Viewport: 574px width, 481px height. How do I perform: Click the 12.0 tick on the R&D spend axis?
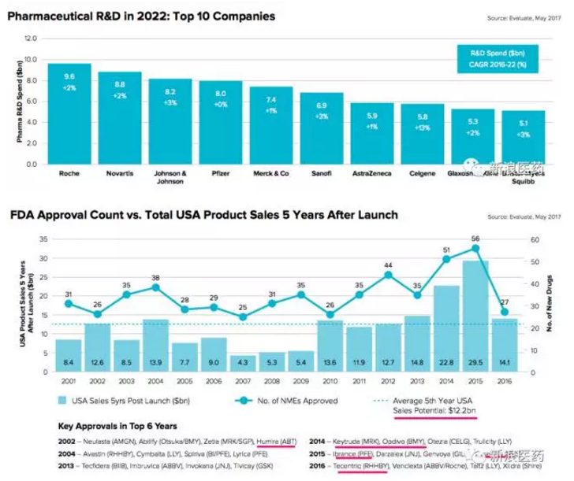32,38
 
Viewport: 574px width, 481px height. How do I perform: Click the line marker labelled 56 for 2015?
475,248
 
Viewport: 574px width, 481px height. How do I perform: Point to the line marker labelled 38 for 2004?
155,287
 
